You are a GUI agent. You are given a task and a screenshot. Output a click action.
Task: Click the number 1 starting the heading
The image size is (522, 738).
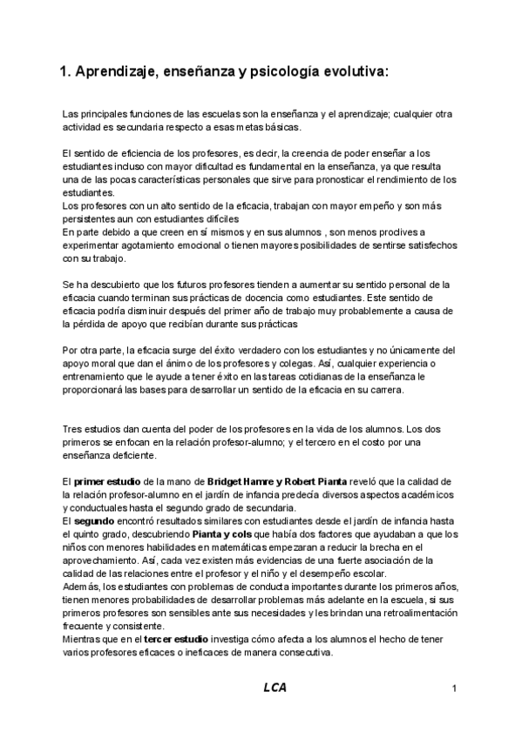tap(63, 73)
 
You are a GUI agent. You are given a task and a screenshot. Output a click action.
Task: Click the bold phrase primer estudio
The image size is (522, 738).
tap(102, 482)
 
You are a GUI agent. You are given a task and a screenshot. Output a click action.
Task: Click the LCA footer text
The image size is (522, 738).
tap(275, 688)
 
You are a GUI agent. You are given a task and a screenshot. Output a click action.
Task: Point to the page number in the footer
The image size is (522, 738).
tap(455, 688)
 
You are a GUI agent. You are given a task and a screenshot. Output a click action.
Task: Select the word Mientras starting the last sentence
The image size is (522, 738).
tap(84, 640)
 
